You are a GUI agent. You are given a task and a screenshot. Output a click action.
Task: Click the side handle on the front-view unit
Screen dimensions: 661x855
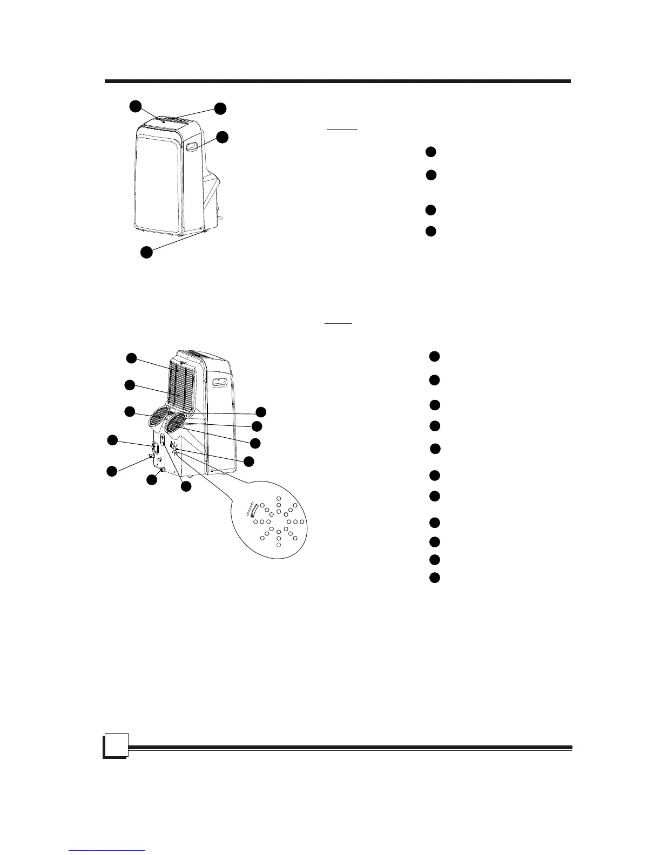pos(192,146)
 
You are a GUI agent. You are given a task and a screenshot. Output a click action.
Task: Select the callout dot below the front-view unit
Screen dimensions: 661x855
pos(146,252)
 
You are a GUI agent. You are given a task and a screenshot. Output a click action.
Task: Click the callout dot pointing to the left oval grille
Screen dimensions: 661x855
pos(130,411)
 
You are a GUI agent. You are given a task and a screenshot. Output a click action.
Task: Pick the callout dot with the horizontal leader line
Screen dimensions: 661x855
pos(261,412)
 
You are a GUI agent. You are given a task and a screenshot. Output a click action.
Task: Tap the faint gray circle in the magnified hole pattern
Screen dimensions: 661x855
pos(278,546)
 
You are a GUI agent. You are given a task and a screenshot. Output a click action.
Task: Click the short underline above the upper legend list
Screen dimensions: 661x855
pos(341,130)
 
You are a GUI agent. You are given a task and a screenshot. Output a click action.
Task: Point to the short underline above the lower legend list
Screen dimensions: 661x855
pos(338,324)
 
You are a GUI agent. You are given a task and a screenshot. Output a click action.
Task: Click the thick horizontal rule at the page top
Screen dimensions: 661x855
pos(338,82)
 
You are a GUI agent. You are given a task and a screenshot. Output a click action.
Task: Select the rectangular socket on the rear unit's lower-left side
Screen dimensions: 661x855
pos(154,447)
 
